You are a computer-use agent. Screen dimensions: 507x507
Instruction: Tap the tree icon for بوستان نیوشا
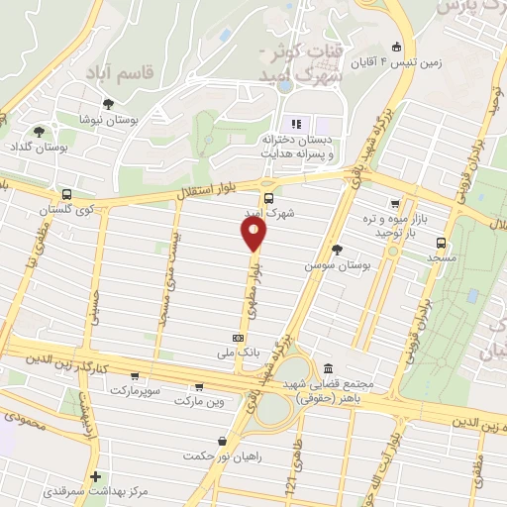(x=108, y=103)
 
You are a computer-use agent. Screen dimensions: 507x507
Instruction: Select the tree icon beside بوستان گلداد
(x=39, y=131)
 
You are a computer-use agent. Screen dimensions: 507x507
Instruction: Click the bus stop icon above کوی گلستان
(x=65, y=194)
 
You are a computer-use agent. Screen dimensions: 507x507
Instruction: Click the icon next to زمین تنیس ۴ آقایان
(x=397, y=47)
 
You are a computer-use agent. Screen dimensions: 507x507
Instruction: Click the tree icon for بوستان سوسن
(x=337, y=250)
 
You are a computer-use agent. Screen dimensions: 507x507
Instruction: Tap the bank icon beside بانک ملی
(x=237, y=337)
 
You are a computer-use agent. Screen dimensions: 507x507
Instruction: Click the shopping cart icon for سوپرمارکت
(x=134, y=376)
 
